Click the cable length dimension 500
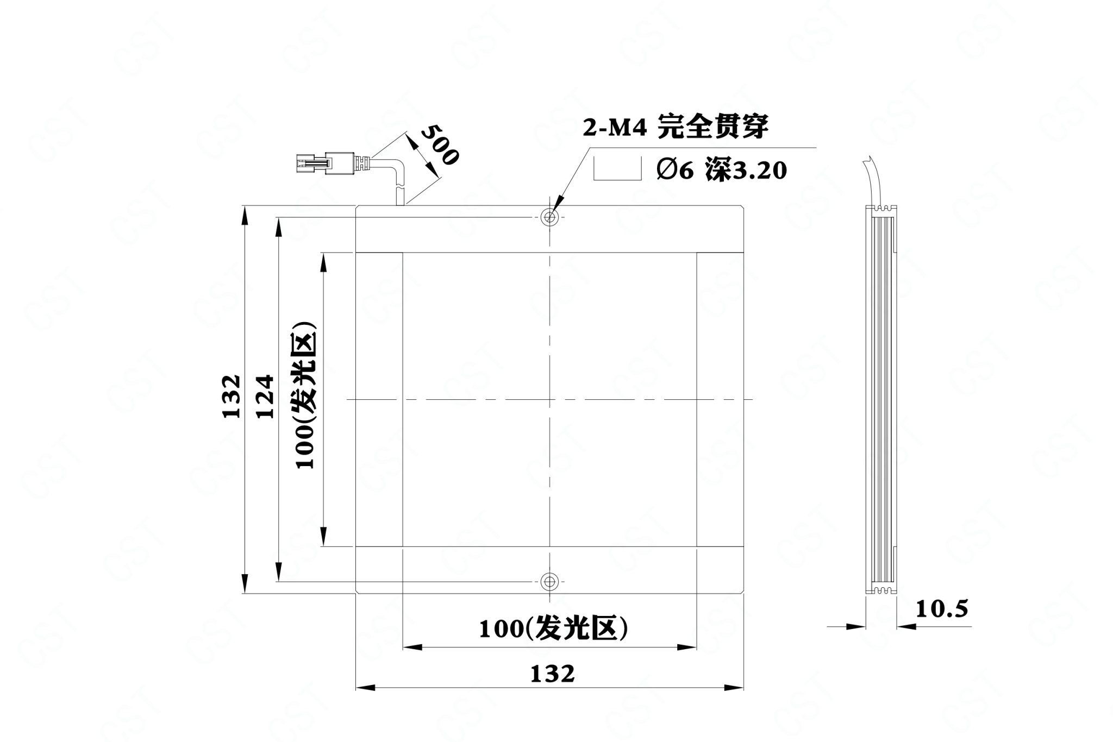[x=440, y=144]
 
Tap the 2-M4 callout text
[x=614, y=129]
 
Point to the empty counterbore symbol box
[x=617, y=168]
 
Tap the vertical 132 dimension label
[x=232, y=395]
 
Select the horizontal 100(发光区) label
[x=553, y=628]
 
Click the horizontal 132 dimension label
[x=552, y=674]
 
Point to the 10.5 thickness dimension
[x=942, y=609]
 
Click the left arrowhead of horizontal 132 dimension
[x=365, y=688]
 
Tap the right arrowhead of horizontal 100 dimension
[x=686, y=647]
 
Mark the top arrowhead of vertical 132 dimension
[x=245, y=216]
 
